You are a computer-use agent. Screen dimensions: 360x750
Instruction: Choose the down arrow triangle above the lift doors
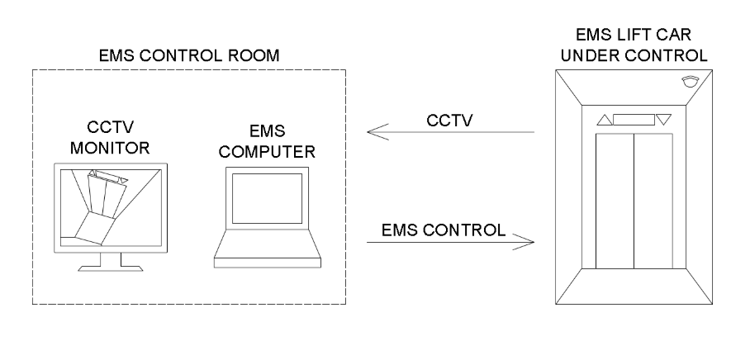click(664, 120)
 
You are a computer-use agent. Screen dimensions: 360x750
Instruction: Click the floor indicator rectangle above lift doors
click(634, 120)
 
